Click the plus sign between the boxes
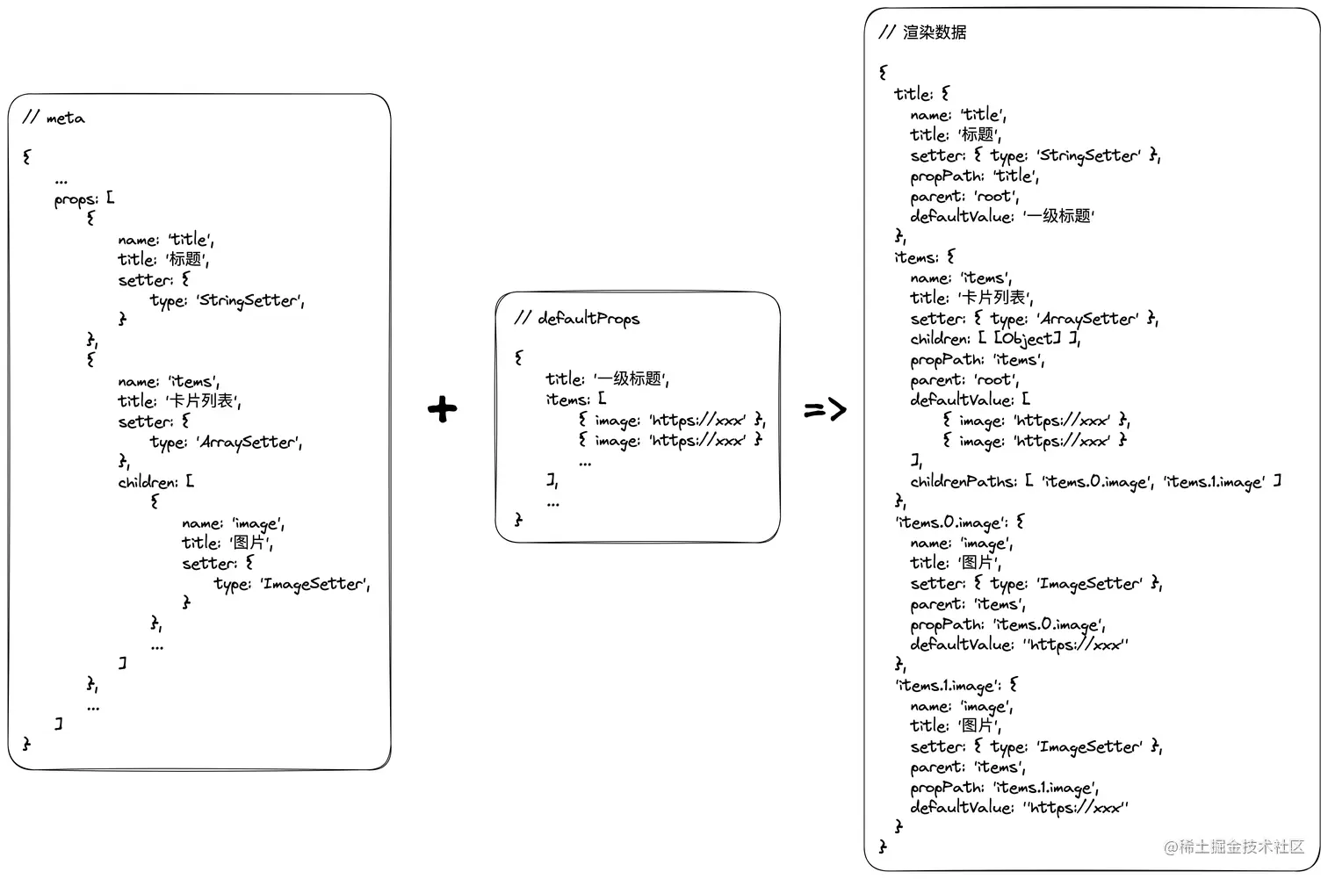click(x=443, y=409)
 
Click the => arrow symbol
click(x=825, y=409)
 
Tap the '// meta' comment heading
click(x=54, y=118)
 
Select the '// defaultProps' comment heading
click(x=577, y=318)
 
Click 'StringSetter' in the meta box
click(x=249, y=300)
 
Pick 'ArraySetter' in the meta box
click(x=249, y=442)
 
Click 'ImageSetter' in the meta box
click(x=314, y=584)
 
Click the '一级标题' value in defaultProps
click(x=631, y=378)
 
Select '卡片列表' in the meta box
click(x=203, y=400)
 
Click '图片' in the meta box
click(x=249, y=543)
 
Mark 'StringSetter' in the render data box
click(x=1090, y=155)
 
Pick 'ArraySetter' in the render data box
click(x=1089, y=319)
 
